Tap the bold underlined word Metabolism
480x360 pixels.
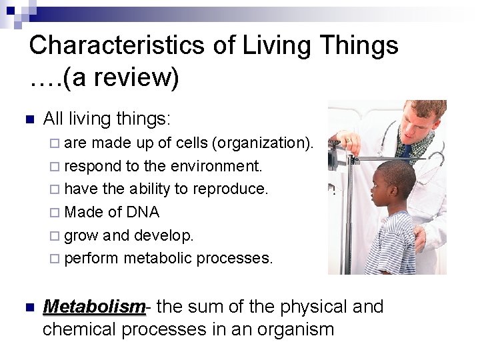click(x=93, y=307)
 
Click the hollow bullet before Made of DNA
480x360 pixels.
click(x=55, y=213)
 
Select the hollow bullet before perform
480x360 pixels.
click(x=55, y=259)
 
